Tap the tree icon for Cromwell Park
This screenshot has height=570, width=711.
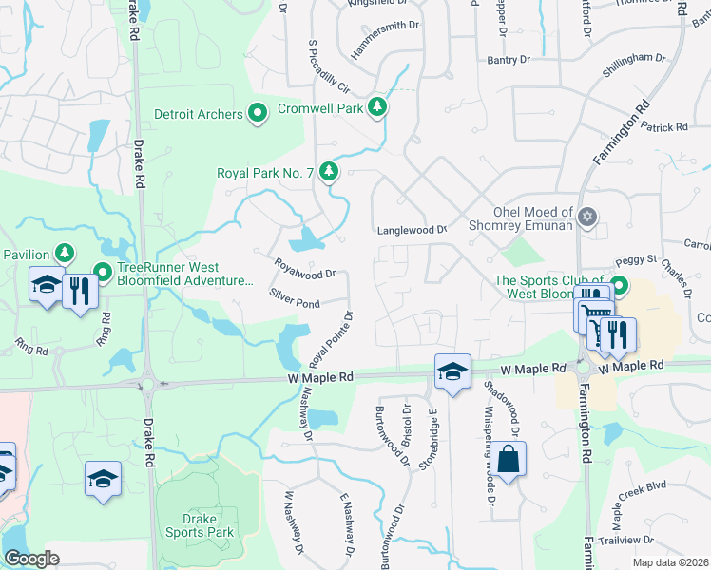(379, 106)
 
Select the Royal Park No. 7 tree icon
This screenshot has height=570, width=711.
(329, 171)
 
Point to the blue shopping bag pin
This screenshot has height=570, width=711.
(509, 459)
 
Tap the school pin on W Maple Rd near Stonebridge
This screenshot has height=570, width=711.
(452, 371)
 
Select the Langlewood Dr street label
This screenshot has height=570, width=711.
(412, 230)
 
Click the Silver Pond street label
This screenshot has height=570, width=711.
(294, 298)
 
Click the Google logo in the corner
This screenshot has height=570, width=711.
(32, 559)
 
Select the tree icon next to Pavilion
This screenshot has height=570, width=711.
(64, 254)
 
